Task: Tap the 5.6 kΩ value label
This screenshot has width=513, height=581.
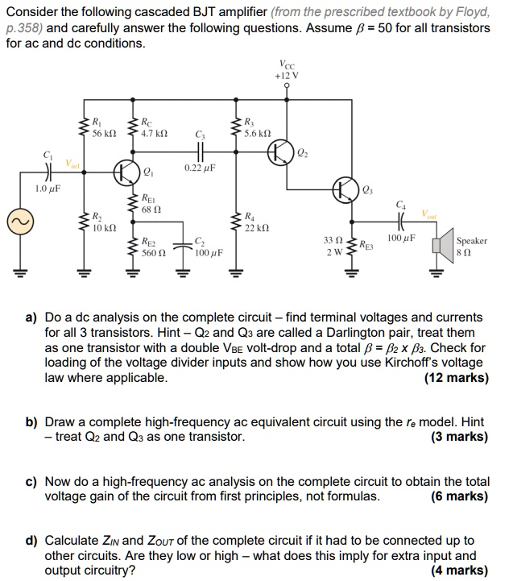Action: point(258,133)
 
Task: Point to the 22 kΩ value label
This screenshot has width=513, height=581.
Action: point(256,228)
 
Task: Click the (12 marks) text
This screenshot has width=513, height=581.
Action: point(455,377)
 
